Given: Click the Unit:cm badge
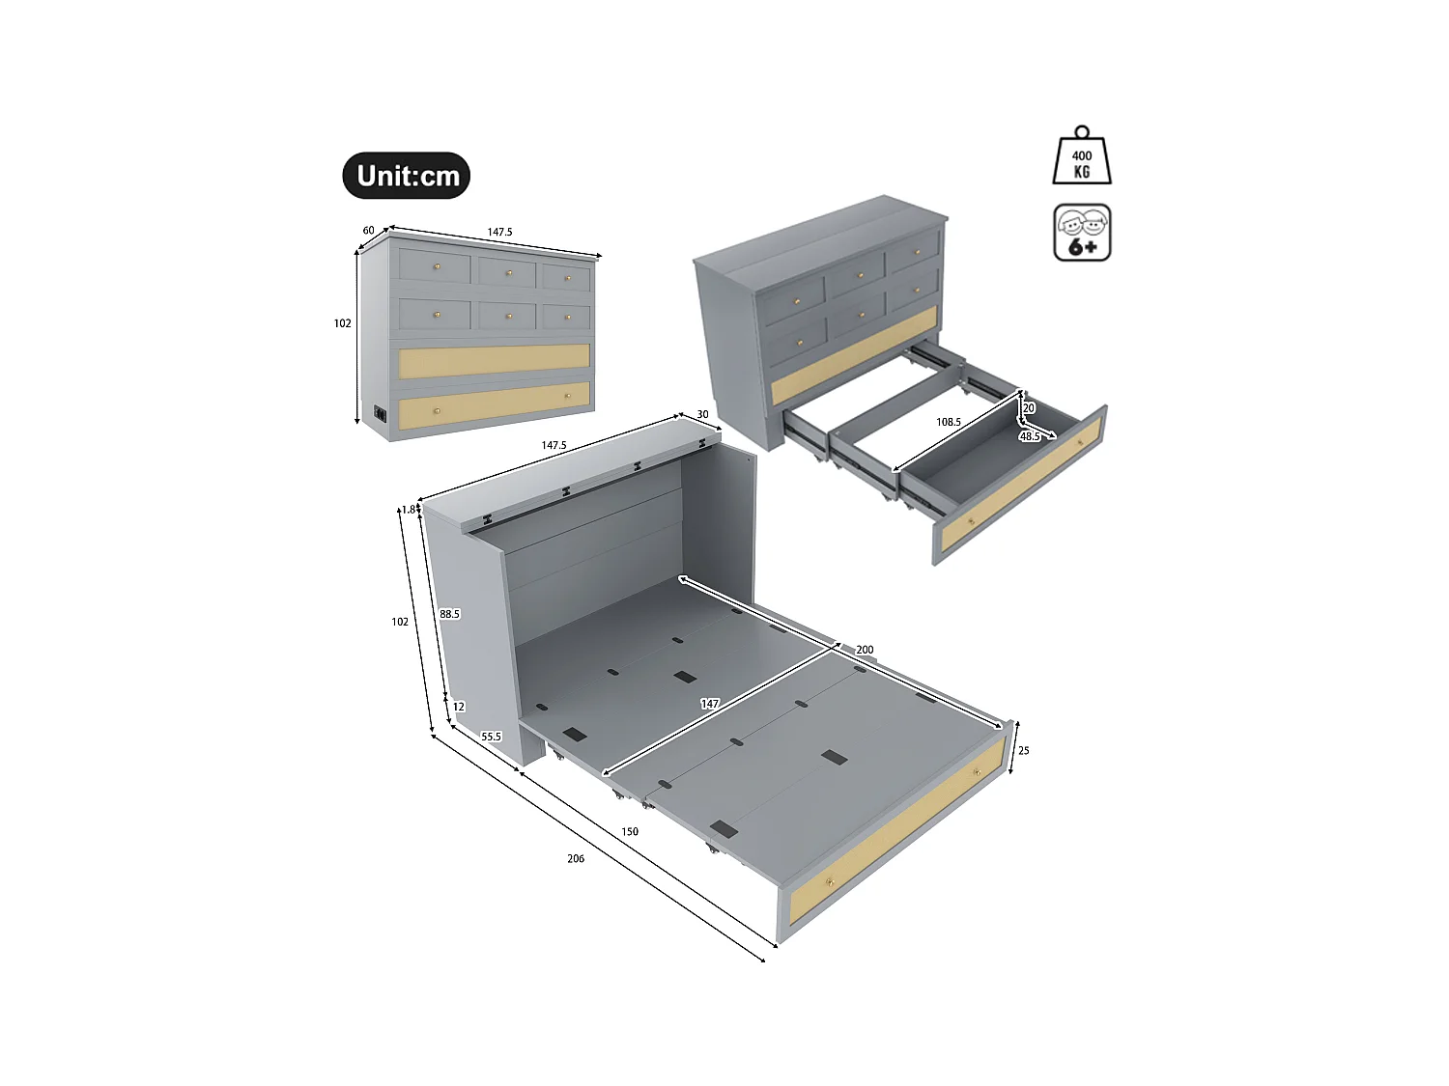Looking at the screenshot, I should click(x=407, y=176).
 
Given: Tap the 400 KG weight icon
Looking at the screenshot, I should click(x=1082, y=157).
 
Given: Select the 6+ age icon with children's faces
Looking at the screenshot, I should click(x=1082, y=233).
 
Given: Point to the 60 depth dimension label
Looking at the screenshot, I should click(x=368, y=231).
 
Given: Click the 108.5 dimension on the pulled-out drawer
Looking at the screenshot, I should click(x=949, y=422).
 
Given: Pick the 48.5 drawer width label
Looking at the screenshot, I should click(x=1030, y=436).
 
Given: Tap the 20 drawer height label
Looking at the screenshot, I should click(x=1029, y=408).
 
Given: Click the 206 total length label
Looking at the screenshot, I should click(x=576, y=858).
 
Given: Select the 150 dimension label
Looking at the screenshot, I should click(x=630, y=831).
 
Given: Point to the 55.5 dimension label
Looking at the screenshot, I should click(x=492, y=737).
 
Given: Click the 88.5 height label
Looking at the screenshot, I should click(x=449, y=614).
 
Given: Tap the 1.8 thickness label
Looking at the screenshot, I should click(x=409, y=510).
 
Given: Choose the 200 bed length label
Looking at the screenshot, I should click(x=865, y=650).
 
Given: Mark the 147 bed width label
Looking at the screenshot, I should click(x=710, y=704).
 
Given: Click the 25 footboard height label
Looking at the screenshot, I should click(x=1024, y=750).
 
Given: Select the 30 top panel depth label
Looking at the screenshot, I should click(x=702, y=414).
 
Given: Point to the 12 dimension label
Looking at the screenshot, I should click(x=459, y=707).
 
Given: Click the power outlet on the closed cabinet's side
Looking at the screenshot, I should click(x=381, y=413).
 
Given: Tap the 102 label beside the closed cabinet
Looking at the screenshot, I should click(x=343, y=323).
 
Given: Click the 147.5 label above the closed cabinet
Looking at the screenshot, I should click(x=499, y=232).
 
